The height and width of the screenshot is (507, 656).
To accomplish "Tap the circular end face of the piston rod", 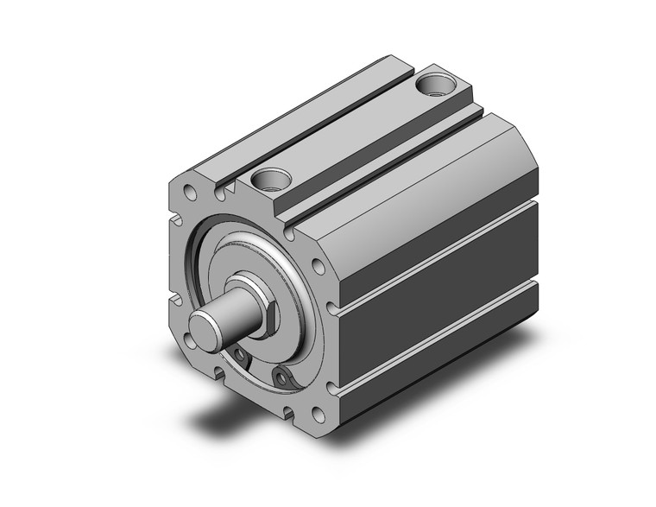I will [205, 329].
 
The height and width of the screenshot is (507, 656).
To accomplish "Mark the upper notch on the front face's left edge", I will [178, 216].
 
